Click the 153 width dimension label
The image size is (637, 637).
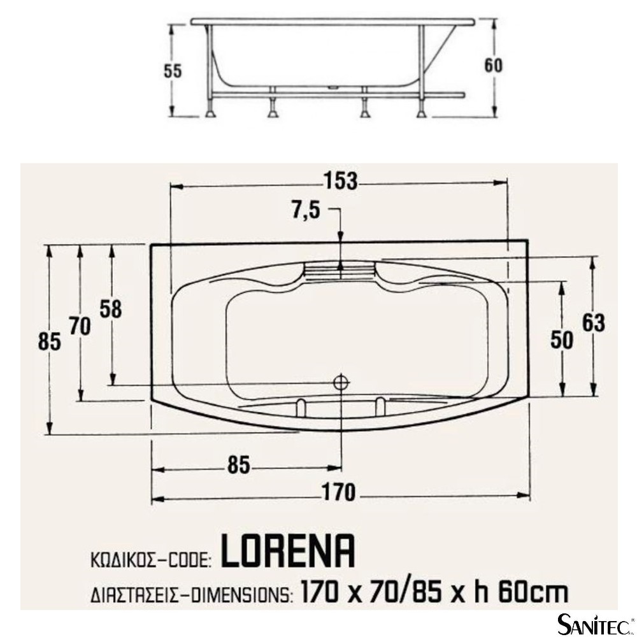pos(340,181)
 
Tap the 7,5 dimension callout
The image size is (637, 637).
pos(306,210)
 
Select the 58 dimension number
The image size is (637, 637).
pos(111,309)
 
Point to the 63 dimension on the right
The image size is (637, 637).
pos(594,324)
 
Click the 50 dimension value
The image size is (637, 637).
pos(562,340)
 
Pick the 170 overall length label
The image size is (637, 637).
pos(338,492)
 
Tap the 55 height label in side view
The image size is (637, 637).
pos(173,71)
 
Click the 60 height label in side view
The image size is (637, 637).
pos(493,66)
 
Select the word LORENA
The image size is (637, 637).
pos(288,551)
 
